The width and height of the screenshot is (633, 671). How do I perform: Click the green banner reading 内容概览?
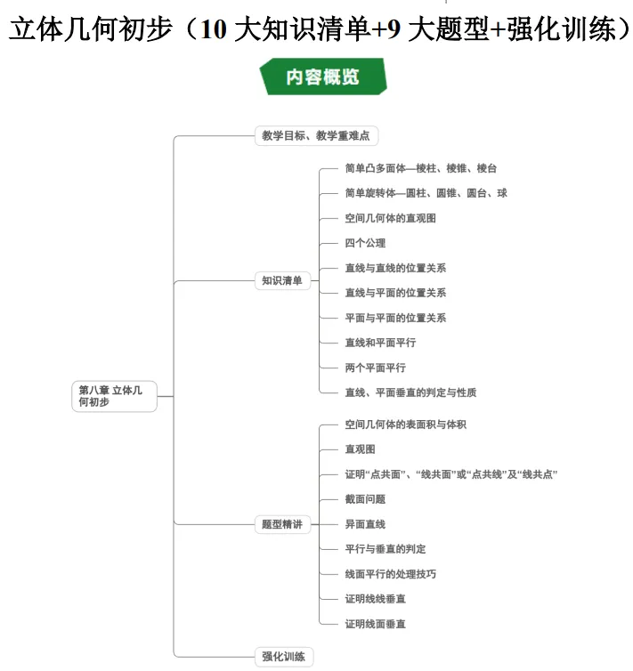click(323, 77)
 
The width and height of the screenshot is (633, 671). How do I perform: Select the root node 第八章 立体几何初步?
click(114, 396)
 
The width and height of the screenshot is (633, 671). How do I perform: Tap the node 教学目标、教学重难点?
click(316, 136)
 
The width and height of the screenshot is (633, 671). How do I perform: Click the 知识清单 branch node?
click(281, 280)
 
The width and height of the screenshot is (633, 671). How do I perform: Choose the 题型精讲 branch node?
click(281, 524)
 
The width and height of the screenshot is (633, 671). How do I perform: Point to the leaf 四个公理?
click(365, 243)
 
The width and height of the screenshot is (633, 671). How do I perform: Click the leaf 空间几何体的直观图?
click(390, 218)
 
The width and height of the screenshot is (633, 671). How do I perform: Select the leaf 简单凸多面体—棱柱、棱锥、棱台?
click(420, 168)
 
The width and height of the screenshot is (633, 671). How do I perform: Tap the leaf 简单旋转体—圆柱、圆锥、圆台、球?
click(426, 193)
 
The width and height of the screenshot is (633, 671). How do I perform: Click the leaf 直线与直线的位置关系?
click(395, 268)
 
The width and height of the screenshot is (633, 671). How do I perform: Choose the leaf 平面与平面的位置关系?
click(395, 318)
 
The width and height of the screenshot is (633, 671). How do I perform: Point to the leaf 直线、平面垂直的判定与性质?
click(417, 392)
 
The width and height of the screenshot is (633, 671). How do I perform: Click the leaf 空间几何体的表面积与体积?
click(405, 424)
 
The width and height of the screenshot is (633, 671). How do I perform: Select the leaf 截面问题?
click(365, 499)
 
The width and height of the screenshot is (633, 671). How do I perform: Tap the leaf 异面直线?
click(365, 524)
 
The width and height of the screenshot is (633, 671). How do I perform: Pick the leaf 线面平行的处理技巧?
click(390, 574)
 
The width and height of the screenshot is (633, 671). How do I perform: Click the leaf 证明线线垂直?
click(375, 599)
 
